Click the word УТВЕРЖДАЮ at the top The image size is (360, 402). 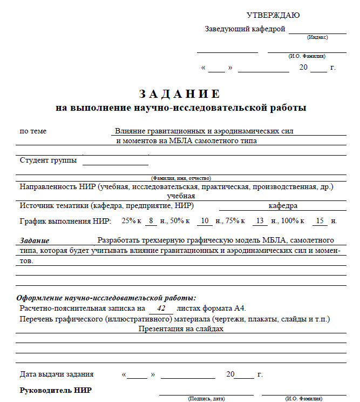[x=273, y=15]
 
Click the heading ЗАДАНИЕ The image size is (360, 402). [x=180, y=94]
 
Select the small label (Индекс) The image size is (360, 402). [x=317, y=37]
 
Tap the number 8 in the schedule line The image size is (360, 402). [x=152, y=221]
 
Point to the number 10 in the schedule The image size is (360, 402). [x=205, y=221]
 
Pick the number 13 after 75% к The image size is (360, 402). [x=260, y=221]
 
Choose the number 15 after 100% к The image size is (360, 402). [x=320, y=221]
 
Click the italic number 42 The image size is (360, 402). [x=160, y=308]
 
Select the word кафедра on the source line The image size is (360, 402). [x=283, y=206]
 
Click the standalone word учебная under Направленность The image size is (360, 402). [x=181, y=196]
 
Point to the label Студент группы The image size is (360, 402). [x=48, y=160]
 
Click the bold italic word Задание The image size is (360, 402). [x=35, y=240]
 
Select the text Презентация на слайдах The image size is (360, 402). [x=181, y=329]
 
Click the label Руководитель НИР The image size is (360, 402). [x=56, y=390]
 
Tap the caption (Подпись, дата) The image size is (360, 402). [x=206, y=399]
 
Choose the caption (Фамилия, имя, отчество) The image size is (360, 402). [x=181, y=178]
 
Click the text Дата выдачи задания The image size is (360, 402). [x=57, y=374]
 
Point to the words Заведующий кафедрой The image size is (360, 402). [x=244, y=29]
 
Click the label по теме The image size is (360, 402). [x=33, y=131]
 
